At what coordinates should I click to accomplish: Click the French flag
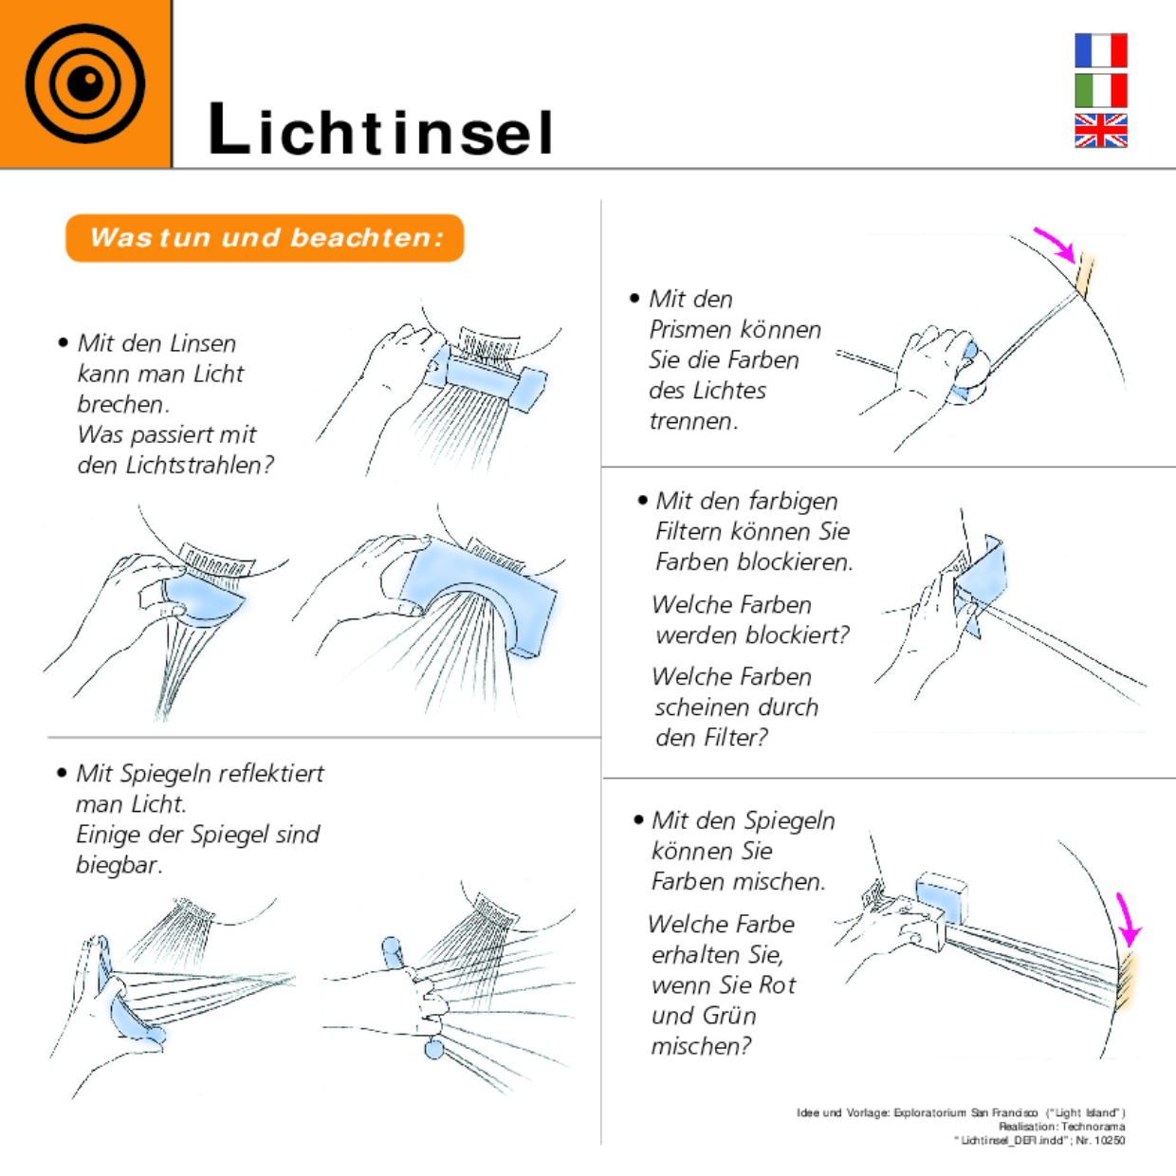pos(1100,50)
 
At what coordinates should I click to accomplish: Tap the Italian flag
pos(1100,90)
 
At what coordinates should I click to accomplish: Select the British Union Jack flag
pos(1100,131)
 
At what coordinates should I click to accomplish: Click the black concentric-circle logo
pos(84,83)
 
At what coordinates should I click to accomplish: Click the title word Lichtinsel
pos(380,130)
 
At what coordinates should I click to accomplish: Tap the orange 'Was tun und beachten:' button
pos(265,237)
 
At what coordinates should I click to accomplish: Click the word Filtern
pos(690,531)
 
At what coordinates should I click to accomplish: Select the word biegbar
pos(118,865)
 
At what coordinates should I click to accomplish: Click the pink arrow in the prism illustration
pos(1056,242)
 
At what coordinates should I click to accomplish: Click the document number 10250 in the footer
pos(1110,1141)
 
